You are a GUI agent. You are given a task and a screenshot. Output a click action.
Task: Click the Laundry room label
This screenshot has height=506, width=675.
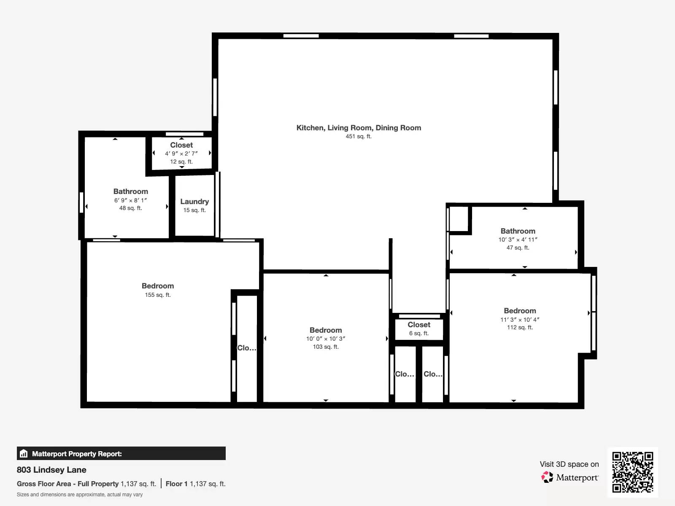[x=194, y=202]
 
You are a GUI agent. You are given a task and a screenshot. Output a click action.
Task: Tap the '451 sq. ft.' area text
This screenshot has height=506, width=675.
[x=359, y=136]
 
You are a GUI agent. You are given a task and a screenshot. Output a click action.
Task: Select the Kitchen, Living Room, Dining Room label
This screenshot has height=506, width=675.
[x=359, y=128]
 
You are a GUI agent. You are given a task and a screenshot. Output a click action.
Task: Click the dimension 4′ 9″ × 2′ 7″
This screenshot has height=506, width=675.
[x=181, y=153]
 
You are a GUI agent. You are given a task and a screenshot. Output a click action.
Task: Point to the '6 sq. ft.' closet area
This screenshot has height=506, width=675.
[x=419, y=334]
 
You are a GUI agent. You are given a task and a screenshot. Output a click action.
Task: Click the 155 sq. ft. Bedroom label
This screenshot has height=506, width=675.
[x=158, y=286]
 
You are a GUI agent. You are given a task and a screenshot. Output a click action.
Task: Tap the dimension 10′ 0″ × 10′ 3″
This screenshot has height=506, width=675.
[x=326, y=339]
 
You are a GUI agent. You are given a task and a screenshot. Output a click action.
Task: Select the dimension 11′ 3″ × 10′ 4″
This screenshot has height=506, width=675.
[x=520, y=320]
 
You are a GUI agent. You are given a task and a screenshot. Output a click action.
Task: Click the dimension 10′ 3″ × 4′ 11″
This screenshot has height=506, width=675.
[x=518, y=240]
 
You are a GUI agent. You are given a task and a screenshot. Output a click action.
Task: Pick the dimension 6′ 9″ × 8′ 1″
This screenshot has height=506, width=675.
[x=130, y=200]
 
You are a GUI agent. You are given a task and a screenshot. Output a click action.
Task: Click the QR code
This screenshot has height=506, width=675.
[x=632, y=472]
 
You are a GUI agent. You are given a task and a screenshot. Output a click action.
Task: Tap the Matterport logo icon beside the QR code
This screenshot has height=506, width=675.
[x=547, y=477]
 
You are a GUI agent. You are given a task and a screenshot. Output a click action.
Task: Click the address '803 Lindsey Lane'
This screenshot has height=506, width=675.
[x=51, y=470]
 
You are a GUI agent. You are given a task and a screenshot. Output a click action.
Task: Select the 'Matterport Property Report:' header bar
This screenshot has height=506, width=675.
[x=121, y=453]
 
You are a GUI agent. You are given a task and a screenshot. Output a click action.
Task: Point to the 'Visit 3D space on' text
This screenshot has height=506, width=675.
[x=569, y=464]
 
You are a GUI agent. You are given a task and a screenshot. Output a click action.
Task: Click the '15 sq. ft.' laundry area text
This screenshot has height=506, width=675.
[x=194, y=210]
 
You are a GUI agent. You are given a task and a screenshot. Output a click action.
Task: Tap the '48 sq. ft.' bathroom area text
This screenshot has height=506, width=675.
[x=130, y=208]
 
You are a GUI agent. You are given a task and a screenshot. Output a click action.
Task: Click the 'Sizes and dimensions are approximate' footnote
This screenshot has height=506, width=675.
[x=80, y=495]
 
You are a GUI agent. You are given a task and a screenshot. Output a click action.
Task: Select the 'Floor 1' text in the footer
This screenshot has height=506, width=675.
[x=176, y=484]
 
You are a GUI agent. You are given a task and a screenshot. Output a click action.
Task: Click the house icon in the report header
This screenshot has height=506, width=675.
[x=24, y=453]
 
